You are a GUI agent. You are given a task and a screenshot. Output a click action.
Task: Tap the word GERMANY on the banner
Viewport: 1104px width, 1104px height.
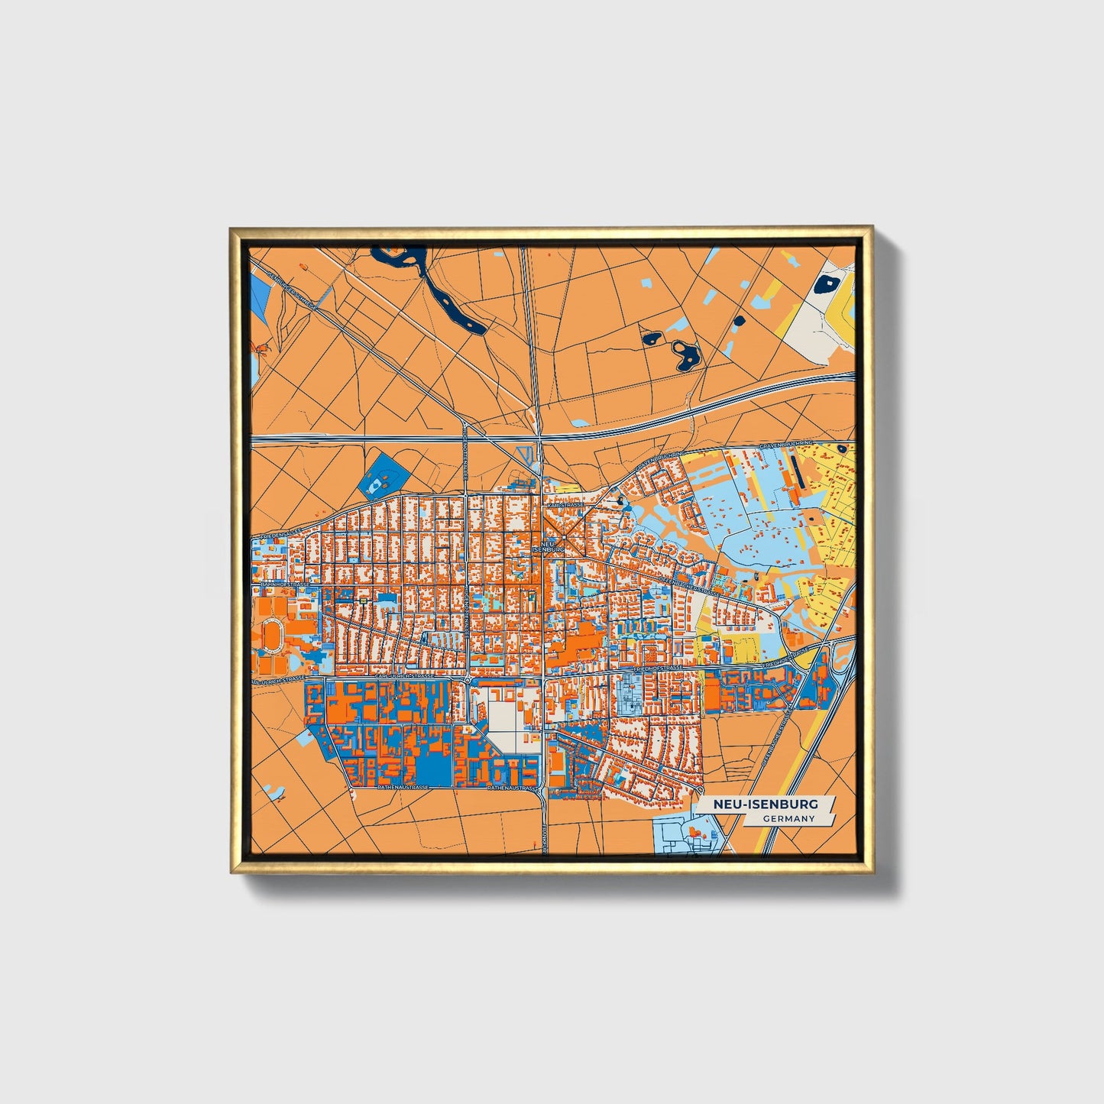(789, 819)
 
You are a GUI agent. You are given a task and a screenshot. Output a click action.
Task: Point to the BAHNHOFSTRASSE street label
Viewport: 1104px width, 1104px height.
(284, 585)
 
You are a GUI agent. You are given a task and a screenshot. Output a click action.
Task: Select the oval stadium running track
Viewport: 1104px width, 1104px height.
(272, 633)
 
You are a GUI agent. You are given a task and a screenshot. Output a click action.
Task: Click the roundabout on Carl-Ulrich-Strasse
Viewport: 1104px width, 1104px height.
(467, 678)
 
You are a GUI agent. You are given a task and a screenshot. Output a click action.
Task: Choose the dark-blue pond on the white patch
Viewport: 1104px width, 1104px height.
(825, 285)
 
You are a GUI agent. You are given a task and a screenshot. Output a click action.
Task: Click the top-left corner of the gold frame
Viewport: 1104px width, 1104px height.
(231, 228)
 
